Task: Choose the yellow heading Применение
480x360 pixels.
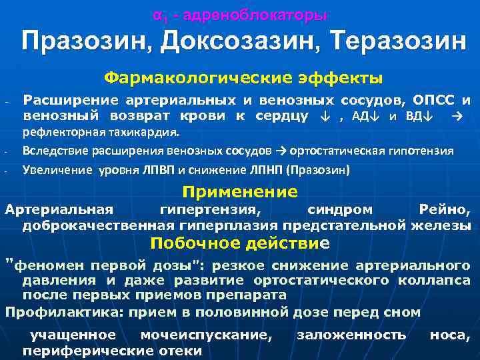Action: (x=240, y=192)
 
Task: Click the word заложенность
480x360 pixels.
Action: (x=351, y=335)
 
